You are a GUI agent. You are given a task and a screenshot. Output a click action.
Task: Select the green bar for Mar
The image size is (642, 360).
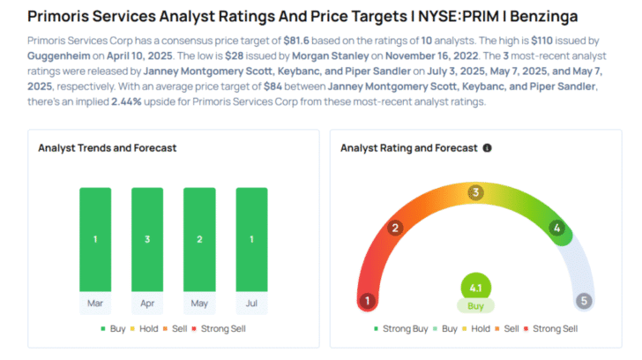point(95,238)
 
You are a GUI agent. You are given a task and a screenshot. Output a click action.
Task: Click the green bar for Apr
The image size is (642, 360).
point(147,238)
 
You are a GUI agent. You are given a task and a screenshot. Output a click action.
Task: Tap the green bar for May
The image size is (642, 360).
point(199,238)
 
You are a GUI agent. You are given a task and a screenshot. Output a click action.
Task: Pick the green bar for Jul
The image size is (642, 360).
point(251,238)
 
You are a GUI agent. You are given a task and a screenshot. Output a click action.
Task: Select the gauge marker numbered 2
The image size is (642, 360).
point(397,229)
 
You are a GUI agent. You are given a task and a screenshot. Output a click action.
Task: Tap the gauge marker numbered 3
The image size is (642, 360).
point(475,192)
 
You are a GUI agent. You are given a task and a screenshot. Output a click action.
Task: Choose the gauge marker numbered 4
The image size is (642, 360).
point(556,229)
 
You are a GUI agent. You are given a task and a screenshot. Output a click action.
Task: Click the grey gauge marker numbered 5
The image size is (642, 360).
point(583,301)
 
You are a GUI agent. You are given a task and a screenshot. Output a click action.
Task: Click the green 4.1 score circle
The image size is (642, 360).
point(475,287)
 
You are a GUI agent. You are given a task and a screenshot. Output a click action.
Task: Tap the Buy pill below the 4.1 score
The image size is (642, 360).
point(475,305)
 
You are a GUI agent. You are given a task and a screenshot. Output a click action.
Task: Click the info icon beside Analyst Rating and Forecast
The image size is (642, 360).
point(488,148)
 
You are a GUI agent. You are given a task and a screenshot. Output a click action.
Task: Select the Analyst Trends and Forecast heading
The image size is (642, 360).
point(108,148)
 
